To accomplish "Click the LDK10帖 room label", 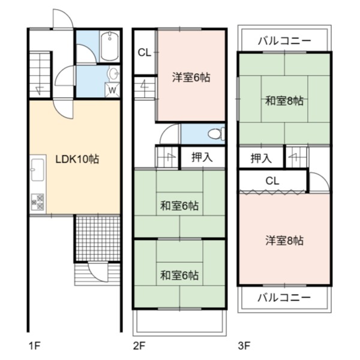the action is click(x=77, y=159).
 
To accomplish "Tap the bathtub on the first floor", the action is click(x=110, y=46).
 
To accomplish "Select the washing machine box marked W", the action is click(x=112, y=90).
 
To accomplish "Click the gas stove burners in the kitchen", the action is click(x=37, y=202).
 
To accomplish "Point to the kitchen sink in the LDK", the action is click(x=38, y=170).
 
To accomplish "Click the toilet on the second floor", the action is click(x=216, y=134).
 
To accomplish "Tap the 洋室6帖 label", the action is click(x=191, y=77).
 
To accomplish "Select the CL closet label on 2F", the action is click(x=145, y=53).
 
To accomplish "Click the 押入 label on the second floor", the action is click(x=202, y=157).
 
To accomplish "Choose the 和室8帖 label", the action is click(x=284, y=101).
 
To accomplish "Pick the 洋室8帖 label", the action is click(x=284, y=241).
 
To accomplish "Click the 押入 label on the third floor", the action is click(x=261, y=158).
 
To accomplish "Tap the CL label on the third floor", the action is click(x=272, y=181).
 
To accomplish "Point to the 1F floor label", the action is click(x=35, y=346).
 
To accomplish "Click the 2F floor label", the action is click(x=139, y=346).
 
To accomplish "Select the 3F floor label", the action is click(x=244, y=346).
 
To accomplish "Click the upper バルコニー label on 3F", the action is click(x=284, y=41).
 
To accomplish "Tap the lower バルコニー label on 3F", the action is click(x=284, y=298).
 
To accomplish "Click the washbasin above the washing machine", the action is click(x=113, y=74).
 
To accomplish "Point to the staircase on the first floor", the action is click(x=40, y=74).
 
